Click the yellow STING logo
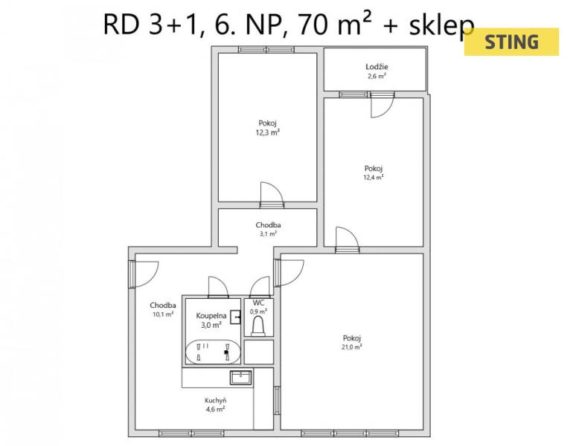[512, 42]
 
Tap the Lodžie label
[377, 67]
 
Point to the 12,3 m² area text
[268, 132]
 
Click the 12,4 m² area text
[373, 178]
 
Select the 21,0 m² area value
[351, 346]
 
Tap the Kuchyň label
[215, 401]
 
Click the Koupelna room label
[211, 316]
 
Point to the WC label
[258, 303]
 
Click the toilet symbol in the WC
[258, 326]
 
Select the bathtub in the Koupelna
[213, 352]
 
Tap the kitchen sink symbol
[241, 378]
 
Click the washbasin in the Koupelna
[236, 317]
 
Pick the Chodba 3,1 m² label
[268, 229]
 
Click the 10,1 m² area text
[163, 314]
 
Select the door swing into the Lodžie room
[382, 105]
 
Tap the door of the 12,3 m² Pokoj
[272, 195]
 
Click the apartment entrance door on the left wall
[143, 274]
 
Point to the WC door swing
[260, 287]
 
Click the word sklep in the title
[441, 25]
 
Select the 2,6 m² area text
[377, 77]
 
